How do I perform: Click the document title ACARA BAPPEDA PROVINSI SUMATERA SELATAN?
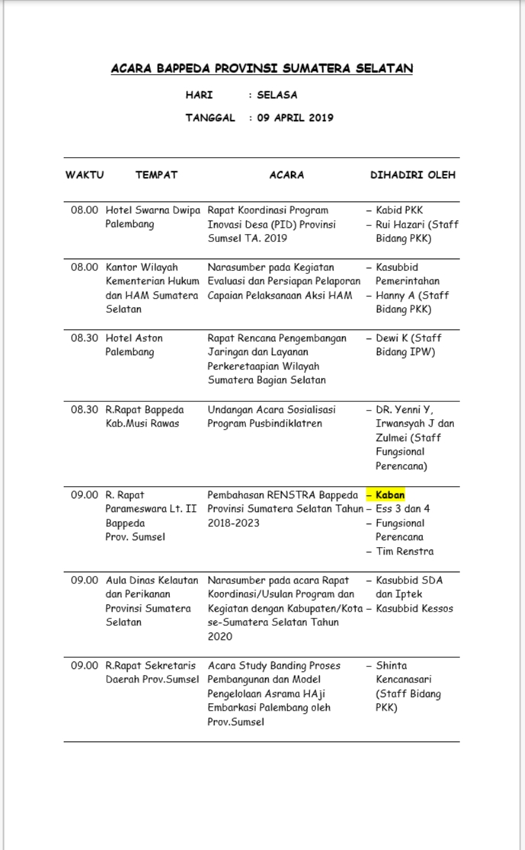pos(262,69)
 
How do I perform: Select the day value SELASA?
pos(277,95)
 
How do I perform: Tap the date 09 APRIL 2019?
pos(295,118)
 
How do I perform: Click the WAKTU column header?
pos(84,174)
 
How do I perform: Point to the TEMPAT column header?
pos(156,174)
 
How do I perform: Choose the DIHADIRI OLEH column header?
pos(413,174)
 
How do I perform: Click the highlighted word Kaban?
pos(390,494)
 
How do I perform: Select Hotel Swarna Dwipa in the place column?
pos(152,210)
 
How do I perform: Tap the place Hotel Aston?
pos(134,338)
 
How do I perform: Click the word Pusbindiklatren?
pos(286,423)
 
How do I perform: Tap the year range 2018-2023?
pos(233,523)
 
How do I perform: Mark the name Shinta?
pos(392,666)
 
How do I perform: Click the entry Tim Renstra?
pos(405,551)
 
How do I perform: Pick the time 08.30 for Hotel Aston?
pos(85,338)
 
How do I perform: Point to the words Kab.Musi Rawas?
pos(142,423)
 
